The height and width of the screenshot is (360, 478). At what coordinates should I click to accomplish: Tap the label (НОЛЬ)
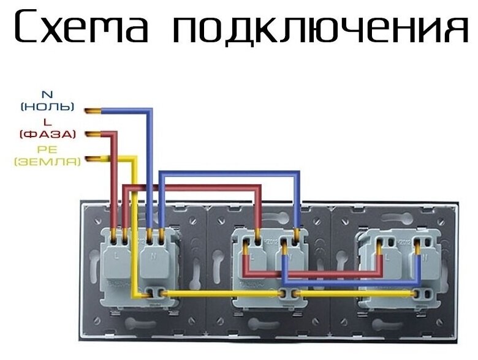click(47, 107)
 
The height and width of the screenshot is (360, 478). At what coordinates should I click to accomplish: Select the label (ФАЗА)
click(47, 133)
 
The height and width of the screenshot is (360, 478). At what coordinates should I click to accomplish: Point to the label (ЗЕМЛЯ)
click(47, 162)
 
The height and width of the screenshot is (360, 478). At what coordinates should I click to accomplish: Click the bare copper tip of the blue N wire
click(93, 111)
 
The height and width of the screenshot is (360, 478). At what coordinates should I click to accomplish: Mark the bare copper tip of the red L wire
click(93, 133)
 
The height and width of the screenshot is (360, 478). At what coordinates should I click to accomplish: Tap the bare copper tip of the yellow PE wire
click(93, 160)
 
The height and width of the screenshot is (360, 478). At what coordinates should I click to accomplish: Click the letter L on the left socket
click(117, 257)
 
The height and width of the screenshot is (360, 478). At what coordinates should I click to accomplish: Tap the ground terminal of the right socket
click(418, 294)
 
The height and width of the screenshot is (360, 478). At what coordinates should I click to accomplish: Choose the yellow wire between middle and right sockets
click(355, 294)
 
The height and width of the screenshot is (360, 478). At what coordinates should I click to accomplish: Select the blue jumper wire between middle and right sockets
click(355, 282)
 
